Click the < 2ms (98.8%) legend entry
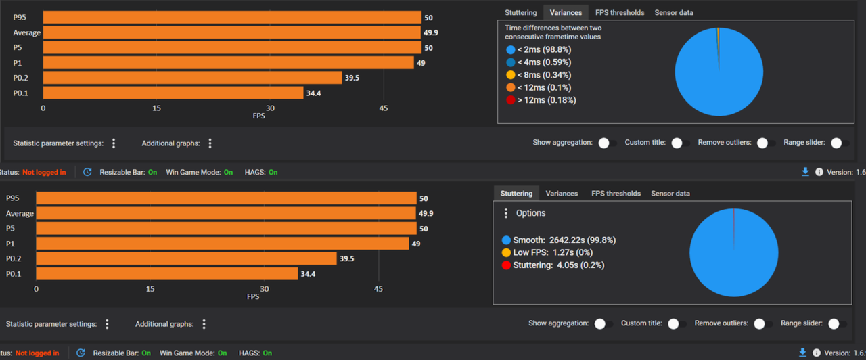pyautogui.click(x=539, y=49)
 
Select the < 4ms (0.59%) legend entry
pyautogui.click(x=539, y=62)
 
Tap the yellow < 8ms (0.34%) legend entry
pyautogui.click(x=539, y=74)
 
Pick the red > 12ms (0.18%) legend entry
pyautogui.click(x=541, y=100)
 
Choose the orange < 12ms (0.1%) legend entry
pyautogui.click(x=539, y=87)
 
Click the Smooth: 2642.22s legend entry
pyautogui.click(x=559, y=240)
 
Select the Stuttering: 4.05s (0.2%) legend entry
pyautogui.click(x=553, y=265)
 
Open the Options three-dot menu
pyautogui.click(x=505, y=213)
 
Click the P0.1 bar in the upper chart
pyautogui.click(x=173, y=93)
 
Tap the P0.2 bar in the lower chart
pyautogui.click(x=186, y=258)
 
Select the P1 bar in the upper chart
pyautogui.click(x=229, y=63)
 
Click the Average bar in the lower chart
pyautogui.click(x=226, y=213)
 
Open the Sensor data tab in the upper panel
pyautogui.click(x=674, y=13)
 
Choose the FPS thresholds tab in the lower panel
pyautogui.click(x=616, y=194)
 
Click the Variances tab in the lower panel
pyautogui.click(x=562, y=194)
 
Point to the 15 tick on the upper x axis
pyautogui.click(x=156, y=108)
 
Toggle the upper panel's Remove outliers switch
pyautogui.click(x=765, y=143)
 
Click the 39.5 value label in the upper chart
pyautogui.click(x=352, y=78)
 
